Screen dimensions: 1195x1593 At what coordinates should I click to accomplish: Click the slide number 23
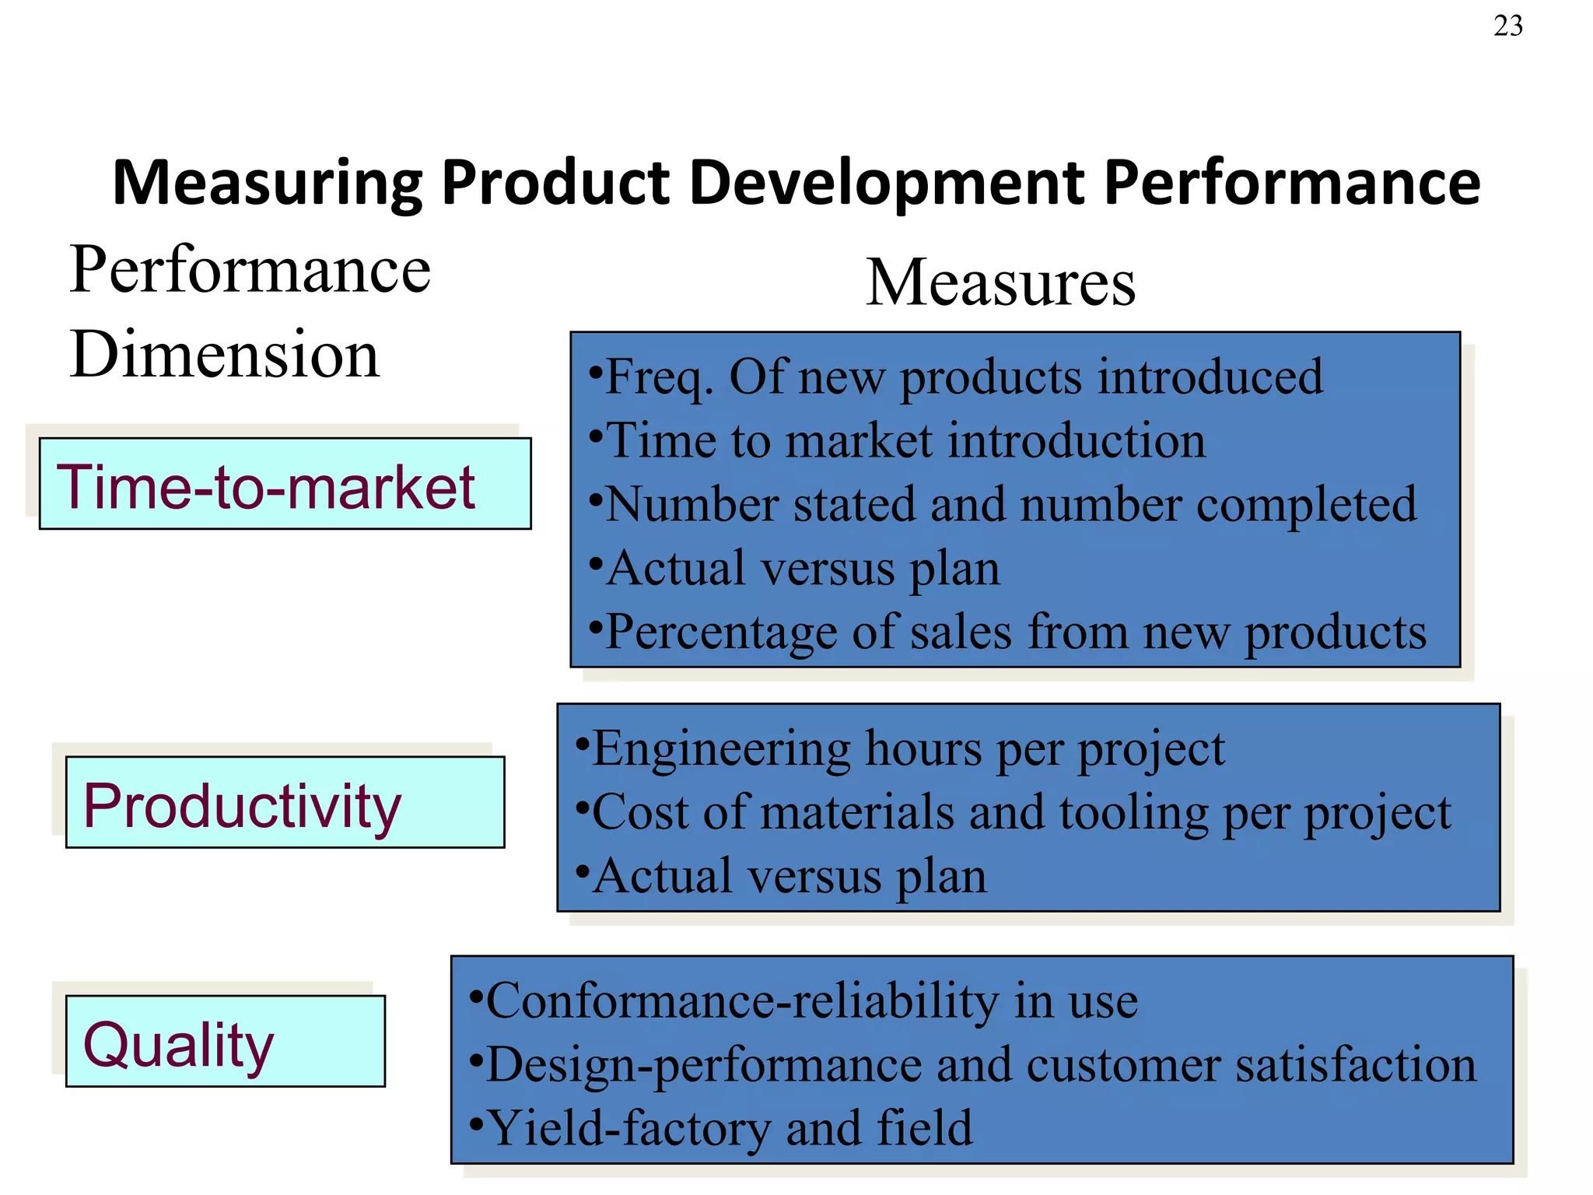coord(1507,26)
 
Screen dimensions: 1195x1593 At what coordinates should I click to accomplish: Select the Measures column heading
coord(1000,282)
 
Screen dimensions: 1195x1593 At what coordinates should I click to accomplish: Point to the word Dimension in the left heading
coord(225,354)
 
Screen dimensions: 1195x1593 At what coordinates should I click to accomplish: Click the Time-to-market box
coord(285,484)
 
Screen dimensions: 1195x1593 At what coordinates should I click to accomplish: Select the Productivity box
coord(285,802)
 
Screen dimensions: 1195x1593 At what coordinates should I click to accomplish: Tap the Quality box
coord(225,1042)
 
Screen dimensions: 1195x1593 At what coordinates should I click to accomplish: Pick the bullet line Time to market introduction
coord(905,441)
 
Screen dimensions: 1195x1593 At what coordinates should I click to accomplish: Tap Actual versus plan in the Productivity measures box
coord(789,877)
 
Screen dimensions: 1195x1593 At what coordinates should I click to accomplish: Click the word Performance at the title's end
coord(1291,184)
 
